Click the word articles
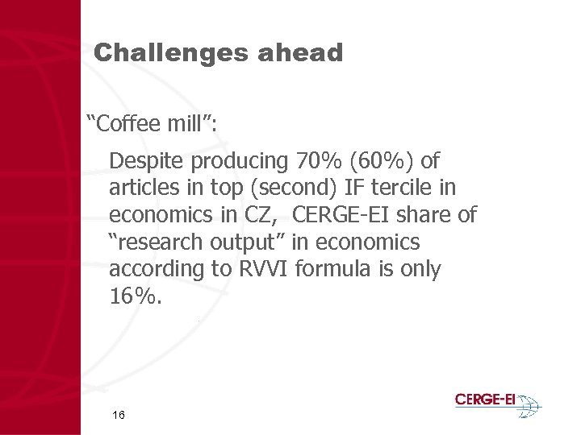pos(142,188)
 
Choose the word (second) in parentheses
pos(296,188)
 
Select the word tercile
pos(400,188)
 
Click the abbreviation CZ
pos(264,215)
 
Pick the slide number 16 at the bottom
pos(119,415)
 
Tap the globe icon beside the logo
pos(529,404)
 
